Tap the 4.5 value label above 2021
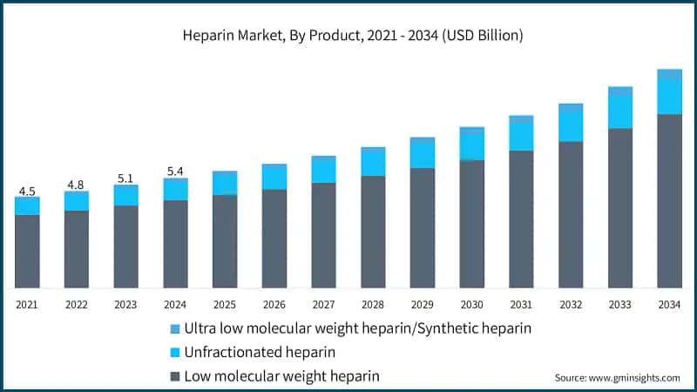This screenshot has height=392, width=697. pyautogui.click(x=27, y=191)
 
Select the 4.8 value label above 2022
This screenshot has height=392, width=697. pyautogui.click(x=76, y=185)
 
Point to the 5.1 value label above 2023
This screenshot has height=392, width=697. pyautogui.click(x=125, y=179)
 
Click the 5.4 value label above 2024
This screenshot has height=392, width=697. pyautogui.click(x=175, y=172)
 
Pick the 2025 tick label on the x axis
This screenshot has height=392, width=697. pyautogui.click(x=225, y=304)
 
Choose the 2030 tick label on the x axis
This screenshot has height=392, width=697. pyautogui.click(x=471, y=304)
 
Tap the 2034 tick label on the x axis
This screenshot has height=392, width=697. pyautogui.click(x=669, y=304)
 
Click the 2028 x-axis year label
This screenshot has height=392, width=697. pyautogui.click(x=373, y=304)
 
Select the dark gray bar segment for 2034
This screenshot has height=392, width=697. pyautogui.click(x=669, y=200)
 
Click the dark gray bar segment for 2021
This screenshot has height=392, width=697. pyautogui.click(x=27, y=251)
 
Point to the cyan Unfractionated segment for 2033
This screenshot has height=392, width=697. pyautogui.click(x=619, y=112)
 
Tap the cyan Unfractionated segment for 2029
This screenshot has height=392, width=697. pyautogui.click(x=423, y=154)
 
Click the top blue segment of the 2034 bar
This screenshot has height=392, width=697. pyautogui.click(x=669, y=74)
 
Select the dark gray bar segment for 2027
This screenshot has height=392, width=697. pyautogui.click(x=323, y=235)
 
